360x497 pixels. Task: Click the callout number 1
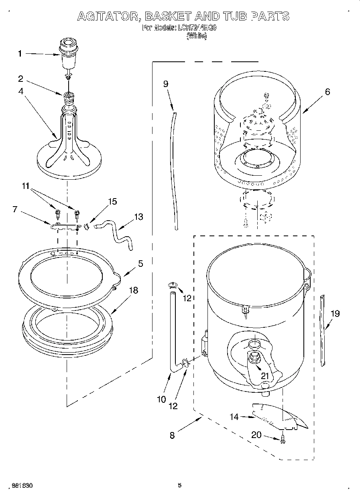(x=20, y=54)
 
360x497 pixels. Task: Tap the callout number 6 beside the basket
(x=327, y=92)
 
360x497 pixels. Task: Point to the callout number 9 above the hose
(x=166, y=84)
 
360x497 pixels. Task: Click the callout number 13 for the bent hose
(x=138, y=217)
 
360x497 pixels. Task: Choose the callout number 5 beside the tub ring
(x=140, y=264)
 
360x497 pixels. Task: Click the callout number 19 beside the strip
(x=334, y=314)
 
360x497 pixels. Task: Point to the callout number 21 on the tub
(x=264, y=376)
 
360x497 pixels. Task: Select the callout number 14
(x=234, y=417)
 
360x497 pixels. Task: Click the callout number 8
(x=172, y=436)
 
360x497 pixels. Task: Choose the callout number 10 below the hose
(x=161, y=399)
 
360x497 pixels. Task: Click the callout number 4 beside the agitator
(x=20, y=91)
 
